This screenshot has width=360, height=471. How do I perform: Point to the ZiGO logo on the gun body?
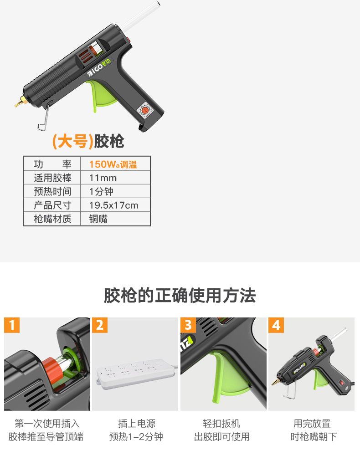[99, 67]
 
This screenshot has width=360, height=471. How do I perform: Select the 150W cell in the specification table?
[113, 164]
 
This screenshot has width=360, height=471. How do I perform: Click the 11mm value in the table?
[103, 178]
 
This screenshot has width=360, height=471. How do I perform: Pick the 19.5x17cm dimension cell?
[113, 205]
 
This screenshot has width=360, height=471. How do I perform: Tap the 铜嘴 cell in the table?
[98, 219]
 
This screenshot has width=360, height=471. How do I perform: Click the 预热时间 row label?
[52, 191]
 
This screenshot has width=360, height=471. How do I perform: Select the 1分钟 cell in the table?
[101, 191]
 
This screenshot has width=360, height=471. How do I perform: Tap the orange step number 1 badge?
[12, 325]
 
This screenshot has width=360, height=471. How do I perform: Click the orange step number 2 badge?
[100, 325]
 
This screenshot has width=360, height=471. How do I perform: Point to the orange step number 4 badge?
[276, 325]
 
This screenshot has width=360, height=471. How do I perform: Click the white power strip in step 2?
[136, 374]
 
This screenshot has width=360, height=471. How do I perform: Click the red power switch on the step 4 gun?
[342, 383]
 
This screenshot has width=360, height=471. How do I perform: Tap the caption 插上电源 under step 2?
[137, 424]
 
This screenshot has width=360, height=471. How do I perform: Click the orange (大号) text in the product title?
[73, 141]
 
